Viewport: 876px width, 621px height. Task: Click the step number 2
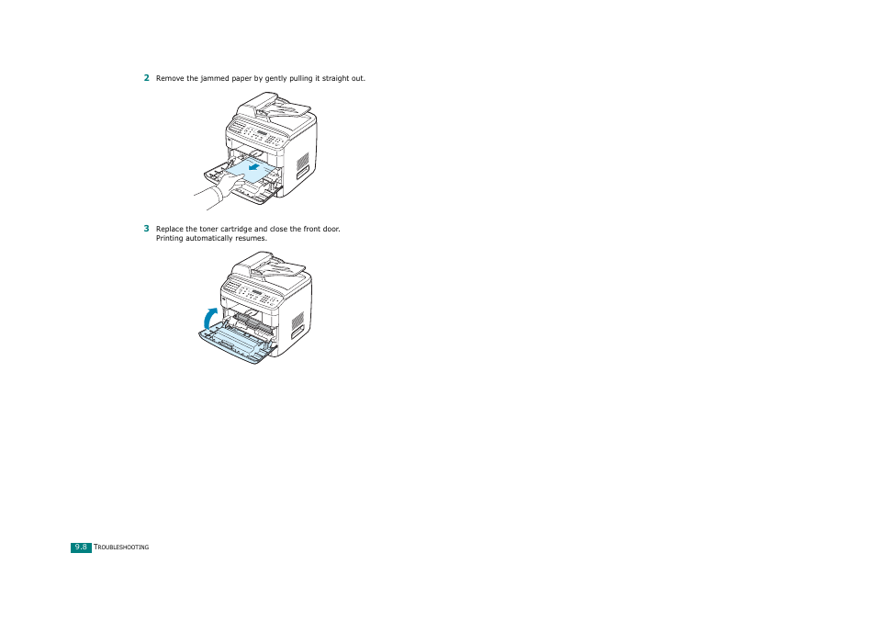coord(146,78)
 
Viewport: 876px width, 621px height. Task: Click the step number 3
coord(146,229)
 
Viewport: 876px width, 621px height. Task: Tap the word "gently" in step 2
coord(274,79)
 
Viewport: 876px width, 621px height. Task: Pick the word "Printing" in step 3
coord(171,239)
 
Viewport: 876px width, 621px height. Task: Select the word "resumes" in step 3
coord(250,239)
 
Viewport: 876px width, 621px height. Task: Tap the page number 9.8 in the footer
coord(81,548)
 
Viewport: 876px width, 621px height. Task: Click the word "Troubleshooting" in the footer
coord(122,548)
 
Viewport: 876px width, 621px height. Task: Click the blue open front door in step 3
coord(235,343)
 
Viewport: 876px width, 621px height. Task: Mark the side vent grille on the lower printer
coord(298,323)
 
